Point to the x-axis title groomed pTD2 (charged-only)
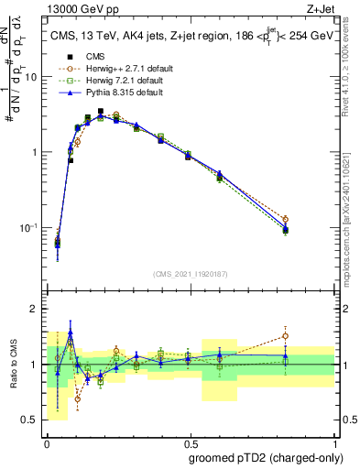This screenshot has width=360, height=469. pos(267,457)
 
